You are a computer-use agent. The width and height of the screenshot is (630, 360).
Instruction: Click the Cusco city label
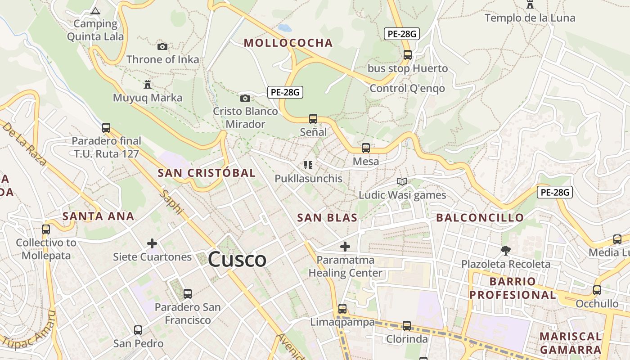click(237, 260)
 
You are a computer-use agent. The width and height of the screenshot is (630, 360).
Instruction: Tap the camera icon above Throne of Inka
click(162, 46)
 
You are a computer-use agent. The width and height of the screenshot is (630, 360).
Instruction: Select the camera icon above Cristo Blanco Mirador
click(245, 98)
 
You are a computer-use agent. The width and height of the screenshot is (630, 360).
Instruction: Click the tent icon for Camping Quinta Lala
click(95, 11)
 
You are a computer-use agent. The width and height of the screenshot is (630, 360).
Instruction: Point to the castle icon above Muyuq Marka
click(147, 84)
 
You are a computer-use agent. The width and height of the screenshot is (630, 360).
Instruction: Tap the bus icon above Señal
click(313, 119)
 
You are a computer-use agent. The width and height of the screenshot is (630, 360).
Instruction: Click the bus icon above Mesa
click(366, 148)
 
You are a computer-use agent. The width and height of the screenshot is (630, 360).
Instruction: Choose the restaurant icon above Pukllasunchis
click(308, 165)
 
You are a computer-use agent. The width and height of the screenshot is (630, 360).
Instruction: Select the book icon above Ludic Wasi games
click(402, 181)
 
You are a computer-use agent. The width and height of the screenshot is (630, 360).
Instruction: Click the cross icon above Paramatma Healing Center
click(345, 247)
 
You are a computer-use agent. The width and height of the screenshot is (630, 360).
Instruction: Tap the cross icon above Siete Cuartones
click(152, 243)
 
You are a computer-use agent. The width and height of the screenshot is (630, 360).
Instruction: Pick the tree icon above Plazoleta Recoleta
click(506, 250)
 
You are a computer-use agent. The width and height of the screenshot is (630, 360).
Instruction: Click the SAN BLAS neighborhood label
click(327, 218)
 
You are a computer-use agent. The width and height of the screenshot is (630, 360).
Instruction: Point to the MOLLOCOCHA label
click(288, 43)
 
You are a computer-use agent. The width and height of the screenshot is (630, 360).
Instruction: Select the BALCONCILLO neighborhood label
click(480, 218)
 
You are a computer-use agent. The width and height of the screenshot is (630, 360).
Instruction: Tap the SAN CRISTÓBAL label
click(207, 173)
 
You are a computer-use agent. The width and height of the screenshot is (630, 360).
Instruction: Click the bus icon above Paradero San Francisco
click(188, 294)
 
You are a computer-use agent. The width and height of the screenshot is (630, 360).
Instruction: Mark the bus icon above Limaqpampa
click(342, 309)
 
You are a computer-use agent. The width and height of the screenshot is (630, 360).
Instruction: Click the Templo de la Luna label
click(530, 18)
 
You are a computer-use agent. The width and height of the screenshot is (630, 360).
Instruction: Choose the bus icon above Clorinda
click(407, 325)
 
